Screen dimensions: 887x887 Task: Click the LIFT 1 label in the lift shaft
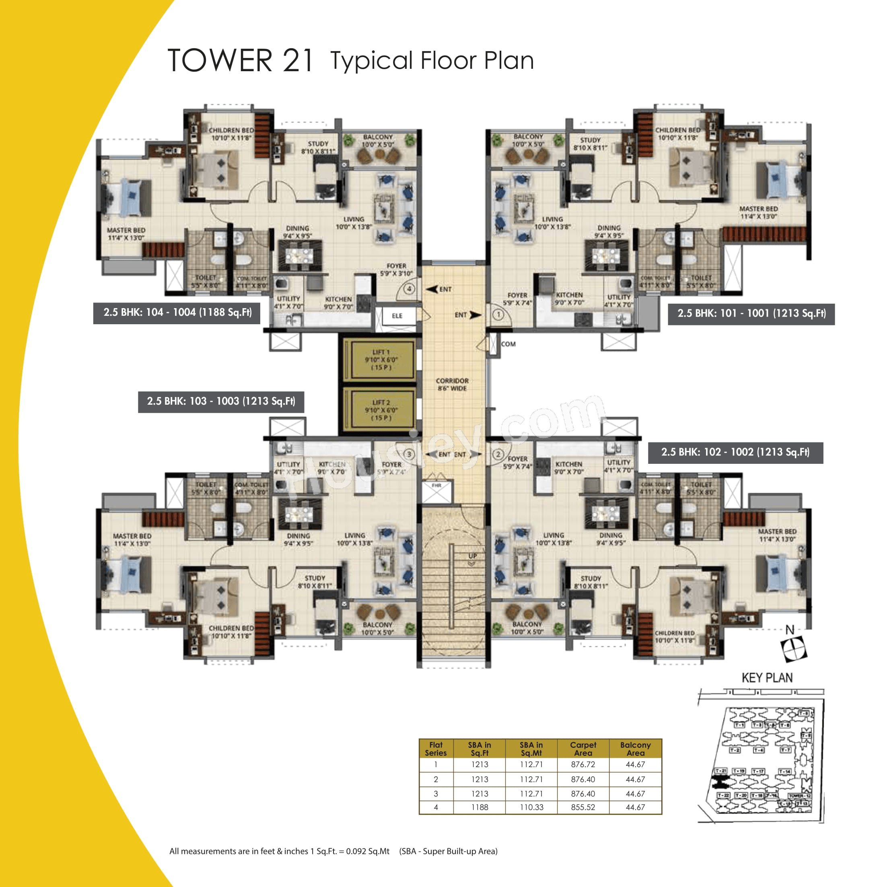click(381, 360)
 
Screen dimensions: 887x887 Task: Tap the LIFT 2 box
click(381, 410)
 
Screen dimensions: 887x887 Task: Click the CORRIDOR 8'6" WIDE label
click(452, 384)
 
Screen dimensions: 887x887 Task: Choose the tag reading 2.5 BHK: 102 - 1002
click(735, 452)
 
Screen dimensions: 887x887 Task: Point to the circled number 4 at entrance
click(409, 289)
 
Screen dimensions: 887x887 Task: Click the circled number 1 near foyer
click(498, 315)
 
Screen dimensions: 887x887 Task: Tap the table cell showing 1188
click(480, 807)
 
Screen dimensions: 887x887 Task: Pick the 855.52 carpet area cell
click(582, 807)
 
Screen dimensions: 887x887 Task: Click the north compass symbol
click(793, 648)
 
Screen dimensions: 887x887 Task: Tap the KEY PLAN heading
click(767, 678)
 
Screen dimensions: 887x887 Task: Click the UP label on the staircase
click(472, 556)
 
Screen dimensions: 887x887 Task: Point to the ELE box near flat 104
click(397, 316)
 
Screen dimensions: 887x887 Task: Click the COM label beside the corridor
click(508, 344)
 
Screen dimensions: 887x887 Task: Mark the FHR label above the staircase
click(436, 485)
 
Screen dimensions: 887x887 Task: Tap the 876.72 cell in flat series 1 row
click(582, 764)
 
